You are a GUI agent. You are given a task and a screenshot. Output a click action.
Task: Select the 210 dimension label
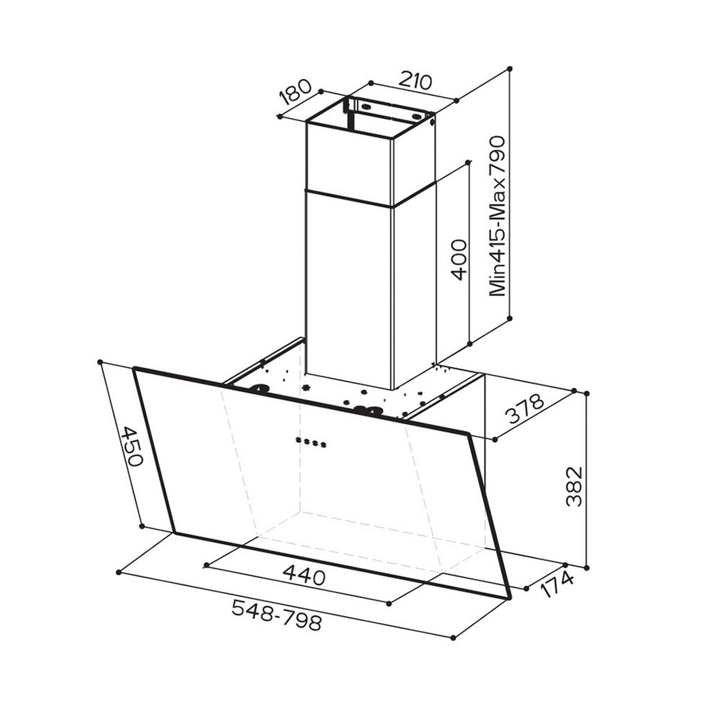pyautogui.click(x=416, y=81)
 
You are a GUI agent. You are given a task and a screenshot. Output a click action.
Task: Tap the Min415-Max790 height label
pyautogui.click(x=497, y=216)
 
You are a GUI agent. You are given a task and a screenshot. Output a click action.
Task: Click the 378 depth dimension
pyautogui.click(x=523, y=409)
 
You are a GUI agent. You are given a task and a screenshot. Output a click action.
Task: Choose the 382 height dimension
pyautogui.click(x=574, y=486)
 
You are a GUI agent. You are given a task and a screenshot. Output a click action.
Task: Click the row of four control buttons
pyautogui.click(x=311, y=443)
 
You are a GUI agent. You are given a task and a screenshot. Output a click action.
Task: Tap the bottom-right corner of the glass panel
pyautogui.click(x=509, y=598)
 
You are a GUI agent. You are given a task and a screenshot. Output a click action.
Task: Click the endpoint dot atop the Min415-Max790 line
pyautogui.click(x=510, y=69)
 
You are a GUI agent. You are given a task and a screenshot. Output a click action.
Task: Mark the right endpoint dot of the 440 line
pyautogui.click(x=389, y=604)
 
